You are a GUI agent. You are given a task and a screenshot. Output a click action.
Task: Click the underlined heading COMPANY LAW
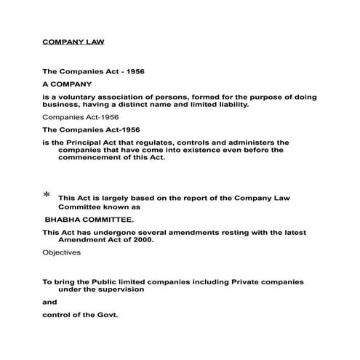(73, 41)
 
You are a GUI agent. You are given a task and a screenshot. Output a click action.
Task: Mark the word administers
(233, 142)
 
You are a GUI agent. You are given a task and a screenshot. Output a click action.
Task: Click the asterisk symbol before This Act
(47, 196)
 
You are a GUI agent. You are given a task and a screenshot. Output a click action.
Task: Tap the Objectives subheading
(61, 252)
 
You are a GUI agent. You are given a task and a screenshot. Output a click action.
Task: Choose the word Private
(230, 281)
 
